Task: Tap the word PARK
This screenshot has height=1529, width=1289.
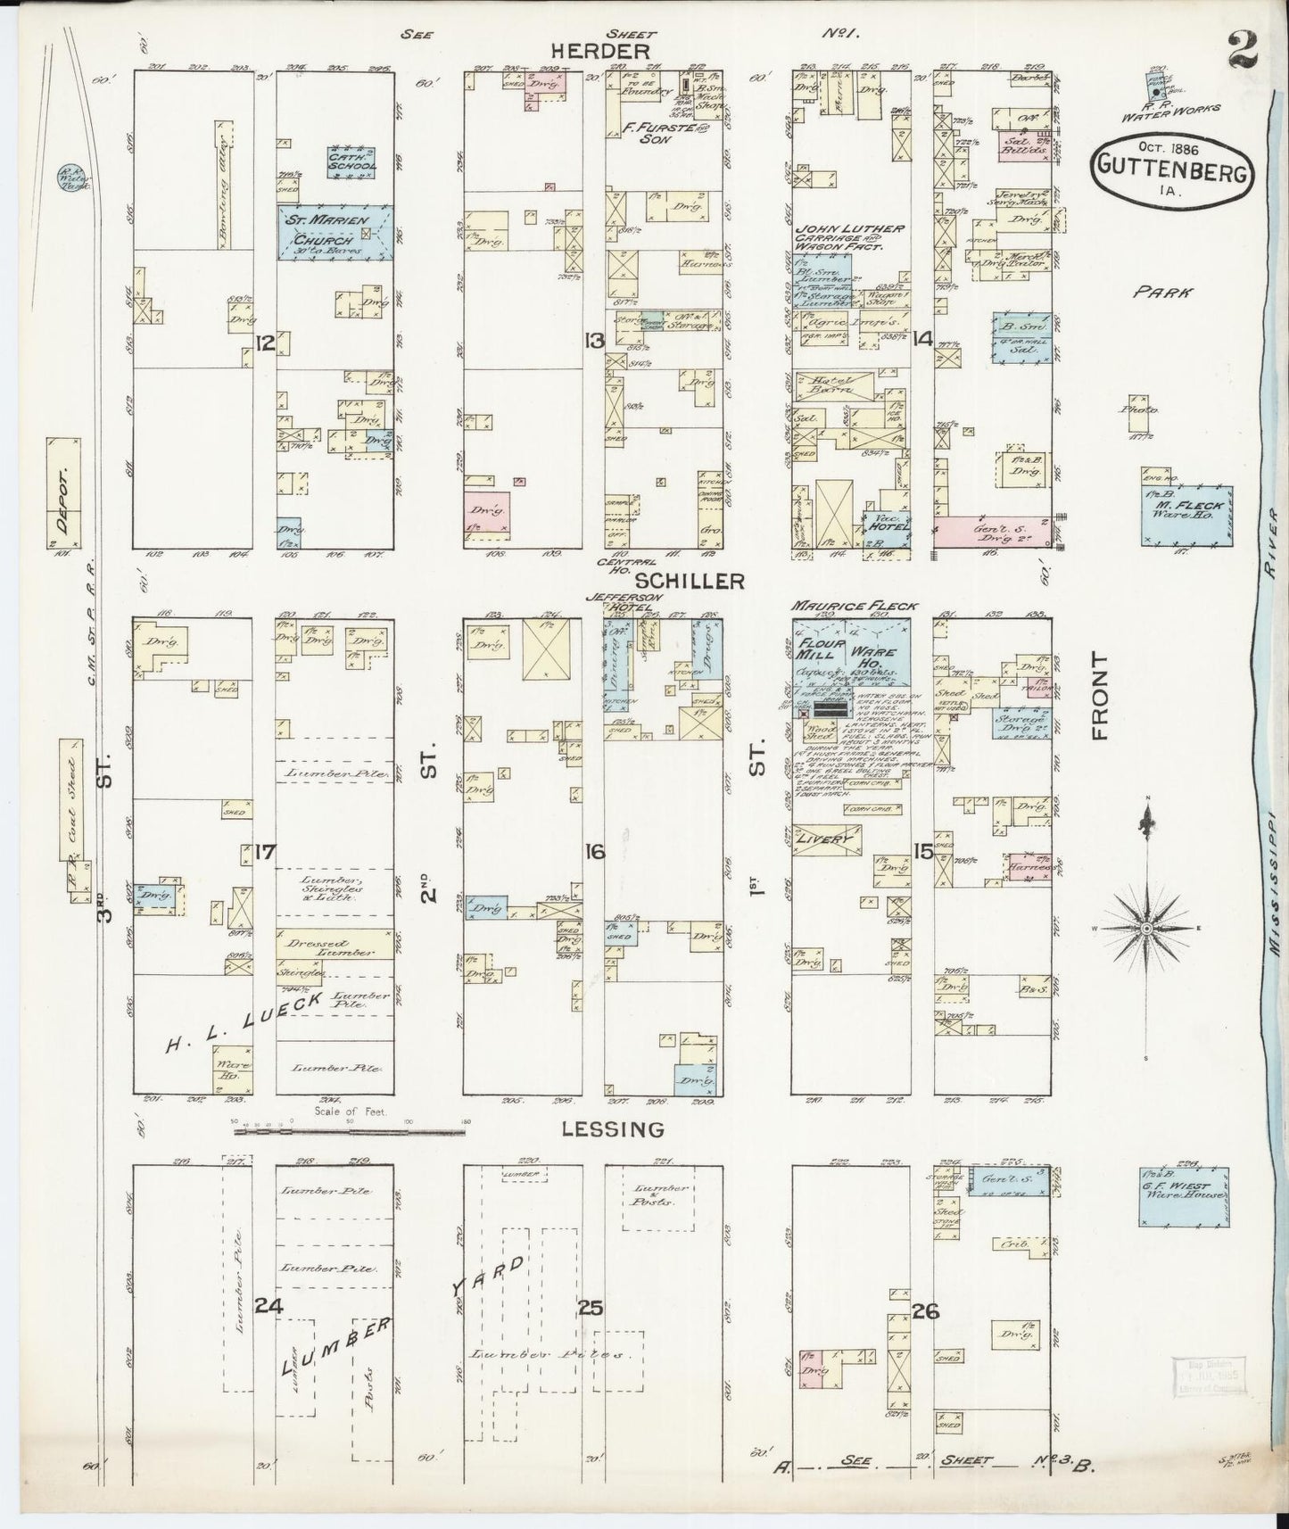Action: (1153, 291)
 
